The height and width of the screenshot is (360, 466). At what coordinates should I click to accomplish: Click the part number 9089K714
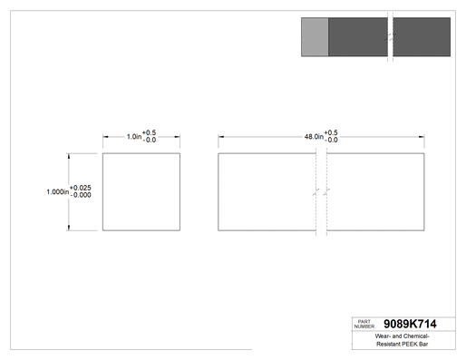click(410, 324)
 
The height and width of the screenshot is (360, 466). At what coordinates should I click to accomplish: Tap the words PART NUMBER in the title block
click(364, 324)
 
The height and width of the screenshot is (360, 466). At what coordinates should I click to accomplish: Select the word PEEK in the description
click(409, 344)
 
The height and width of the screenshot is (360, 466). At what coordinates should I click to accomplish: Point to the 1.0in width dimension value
click(134, 137)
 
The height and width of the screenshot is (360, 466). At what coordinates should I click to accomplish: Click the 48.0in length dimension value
click(314, 137)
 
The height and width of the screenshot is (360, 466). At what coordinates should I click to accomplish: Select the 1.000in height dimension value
click(57, 192)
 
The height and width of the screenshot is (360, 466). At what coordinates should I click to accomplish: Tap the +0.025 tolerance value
click(81, 188)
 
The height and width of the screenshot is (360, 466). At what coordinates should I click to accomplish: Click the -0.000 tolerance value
click(81, 195)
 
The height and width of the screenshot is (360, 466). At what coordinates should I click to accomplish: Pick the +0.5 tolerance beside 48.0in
click(331, 133)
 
